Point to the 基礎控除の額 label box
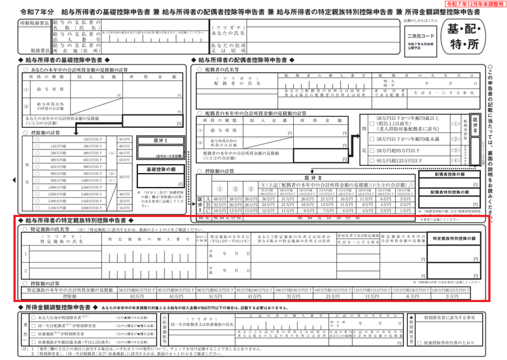164,170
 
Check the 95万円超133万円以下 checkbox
372,161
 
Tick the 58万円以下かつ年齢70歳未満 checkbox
372,138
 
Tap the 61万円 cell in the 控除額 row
176,296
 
